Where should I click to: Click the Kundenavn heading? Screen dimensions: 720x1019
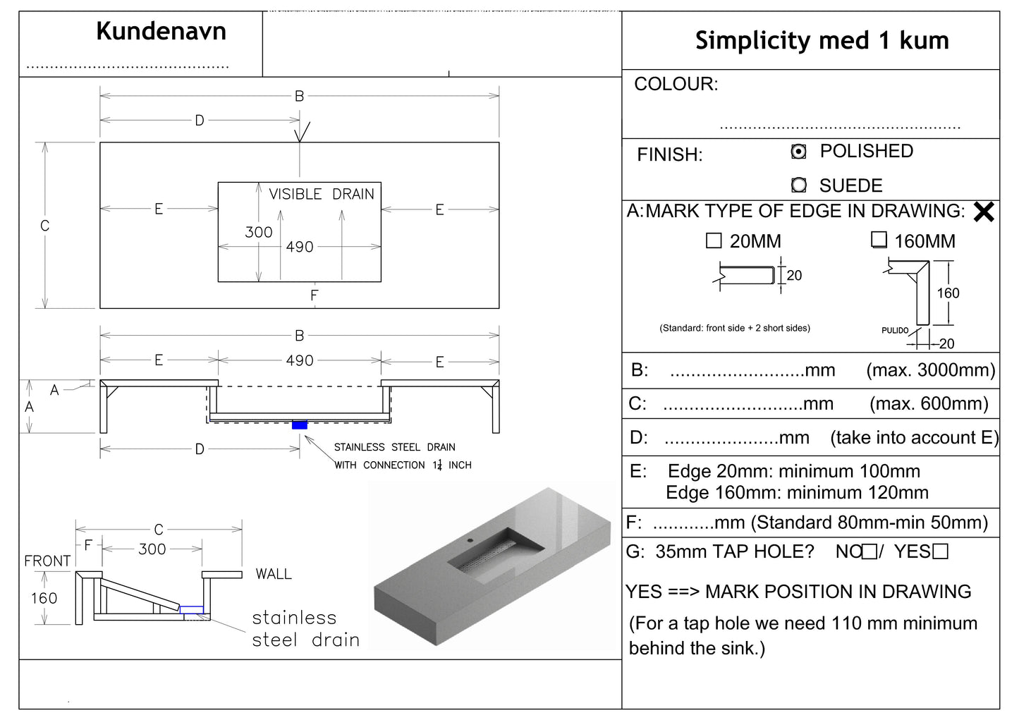tap(161, 32)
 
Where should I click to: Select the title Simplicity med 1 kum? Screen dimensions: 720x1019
tap(822, 40)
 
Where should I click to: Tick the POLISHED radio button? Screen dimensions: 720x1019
tap(798, 152)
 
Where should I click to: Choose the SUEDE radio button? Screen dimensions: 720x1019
tap(798, 185)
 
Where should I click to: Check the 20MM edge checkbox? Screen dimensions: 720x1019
tap(714, 241)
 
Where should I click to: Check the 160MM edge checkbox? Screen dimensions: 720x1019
tap(879, 240)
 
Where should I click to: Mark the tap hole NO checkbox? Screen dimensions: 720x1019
tap(870, 552)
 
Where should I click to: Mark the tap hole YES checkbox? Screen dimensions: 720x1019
tap(940, 552)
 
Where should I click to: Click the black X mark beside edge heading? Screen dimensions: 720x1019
tap(984, 212)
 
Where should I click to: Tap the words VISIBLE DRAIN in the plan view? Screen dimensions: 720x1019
tap(322, 194)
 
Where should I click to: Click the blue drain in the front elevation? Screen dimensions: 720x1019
tap(300, 425)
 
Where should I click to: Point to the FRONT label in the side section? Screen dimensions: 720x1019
tap(47, 561)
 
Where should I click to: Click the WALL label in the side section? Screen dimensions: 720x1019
tap(274, 574)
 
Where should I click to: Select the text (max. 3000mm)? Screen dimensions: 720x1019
tap(930, 370)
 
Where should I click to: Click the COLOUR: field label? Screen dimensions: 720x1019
tap(676, 84)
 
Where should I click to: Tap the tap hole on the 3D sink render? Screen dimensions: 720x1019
tap(468, 540)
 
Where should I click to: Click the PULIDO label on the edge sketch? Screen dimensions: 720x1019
tap(894, 330)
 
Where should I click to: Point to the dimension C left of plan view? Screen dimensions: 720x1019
tap(44, 226)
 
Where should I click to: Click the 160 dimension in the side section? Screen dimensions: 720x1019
tap(44, 598)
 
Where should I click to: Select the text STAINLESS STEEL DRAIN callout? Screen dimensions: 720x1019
tap(394, 447)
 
